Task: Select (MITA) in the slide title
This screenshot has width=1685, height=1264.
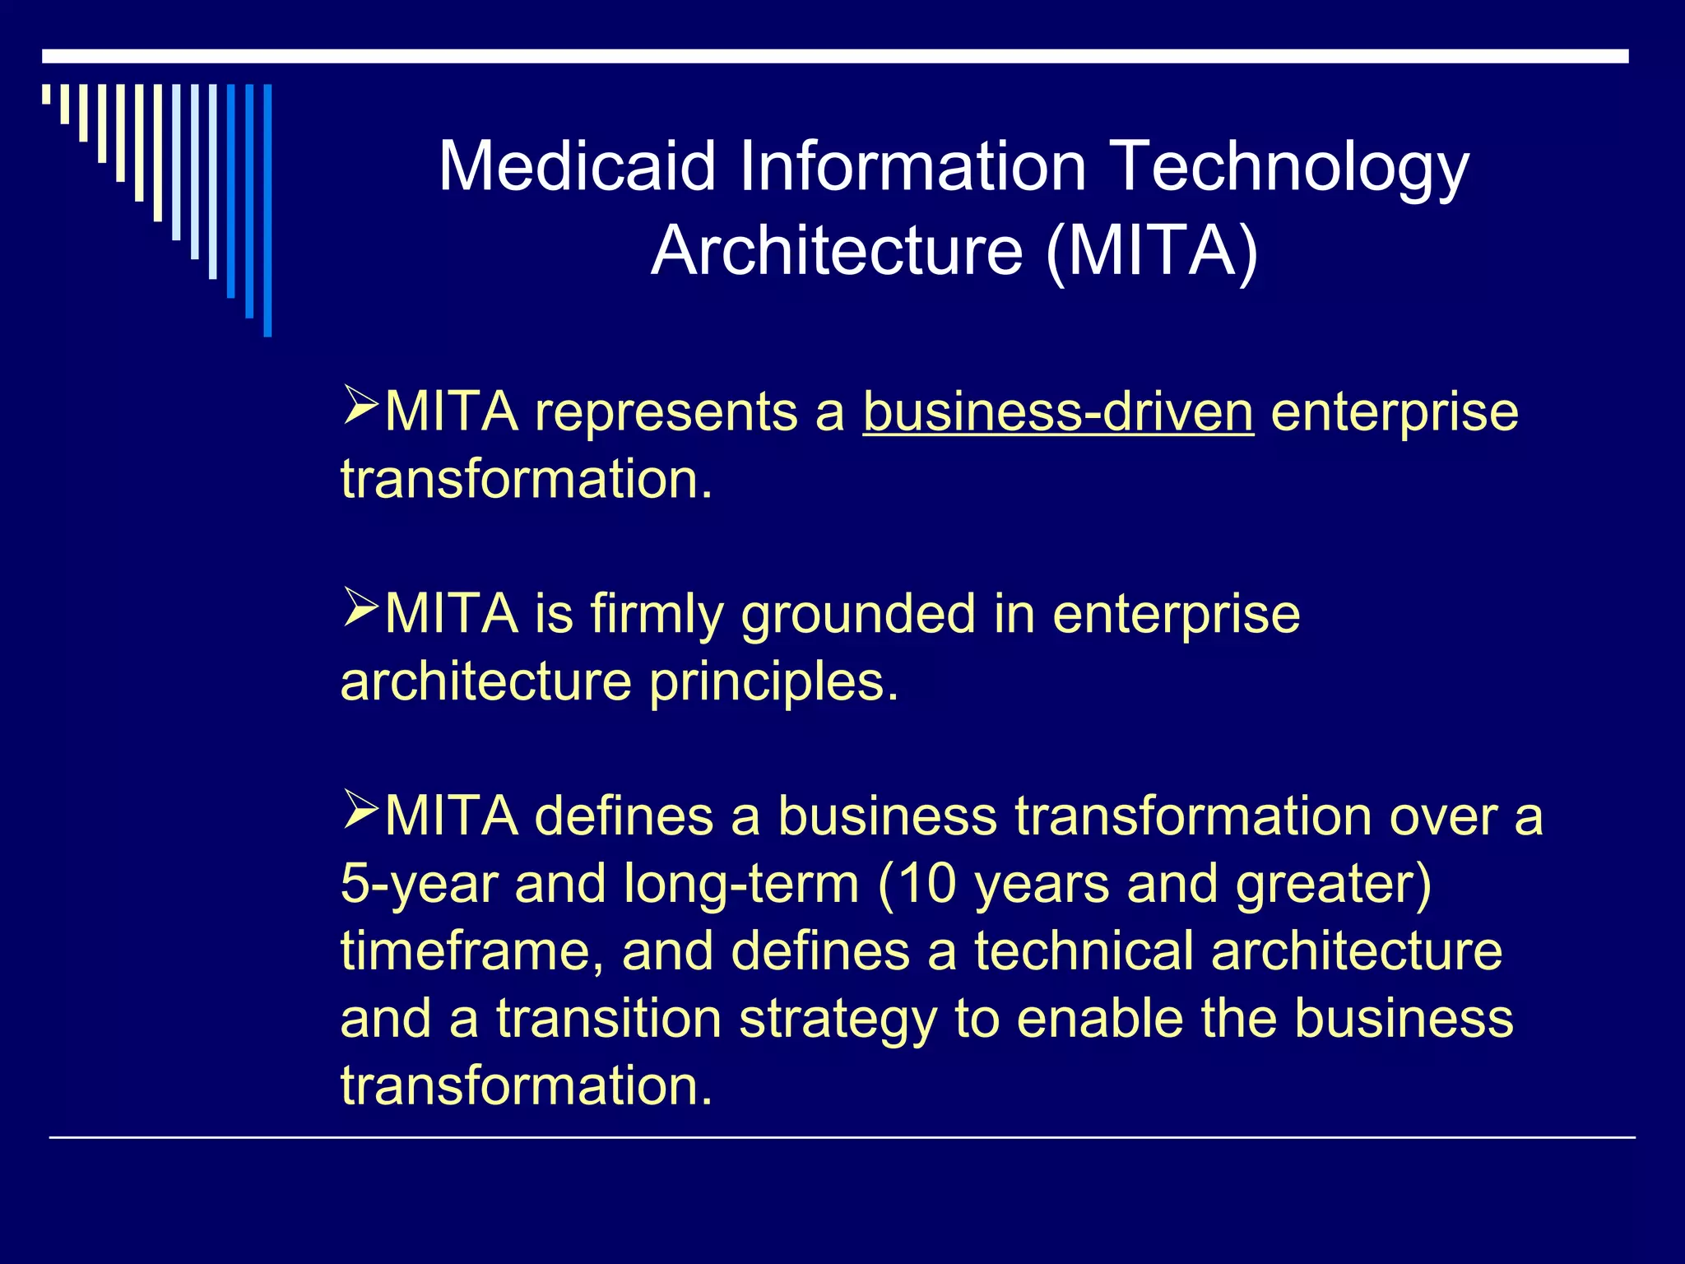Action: click(1152, 251)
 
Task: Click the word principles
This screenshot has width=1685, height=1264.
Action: click(773, 683)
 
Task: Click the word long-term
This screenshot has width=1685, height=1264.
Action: click(740, 885)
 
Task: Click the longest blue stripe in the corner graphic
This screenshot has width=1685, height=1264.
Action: click(267, 210)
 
